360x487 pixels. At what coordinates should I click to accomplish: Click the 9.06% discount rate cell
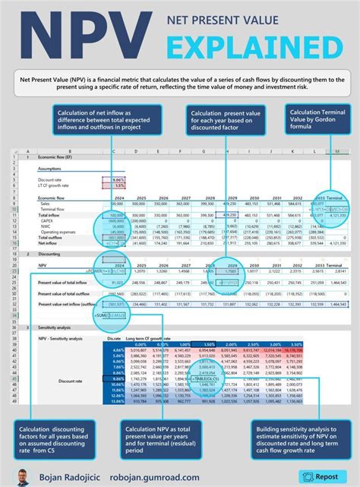[x=118, y=179]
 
